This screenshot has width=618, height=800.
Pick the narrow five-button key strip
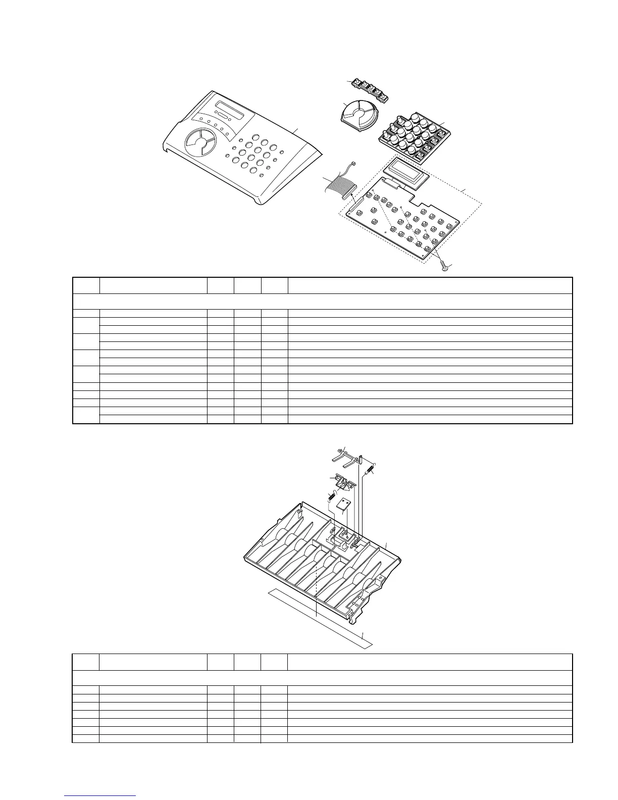(x=372, y=91)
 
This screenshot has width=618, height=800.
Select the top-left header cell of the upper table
(x=86, y=285)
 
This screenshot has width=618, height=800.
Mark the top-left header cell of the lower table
(x=86, y=662)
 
